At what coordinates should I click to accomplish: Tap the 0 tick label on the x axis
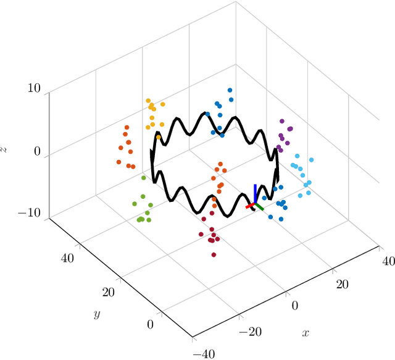click(x=294, y=305)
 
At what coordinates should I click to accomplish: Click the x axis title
click(x=305, y=333)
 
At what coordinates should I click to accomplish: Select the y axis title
click(x=97, y=314)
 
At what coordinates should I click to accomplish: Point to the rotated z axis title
click(x=5, y=149)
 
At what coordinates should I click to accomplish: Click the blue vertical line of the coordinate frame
click(x=254, y=193)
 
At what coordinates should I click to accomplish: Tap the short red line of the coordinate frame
click(x=250, y=206)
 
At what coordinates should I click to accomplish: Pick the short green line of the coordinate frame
click(x=259, y=207)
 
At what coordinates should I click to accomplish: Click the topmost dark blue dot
click(x=230, y=90)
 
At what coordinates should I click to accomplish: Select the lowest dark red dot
click(x=214, y=254)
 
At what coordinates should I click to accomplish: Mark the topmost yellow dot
click(x=148, y=101)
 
